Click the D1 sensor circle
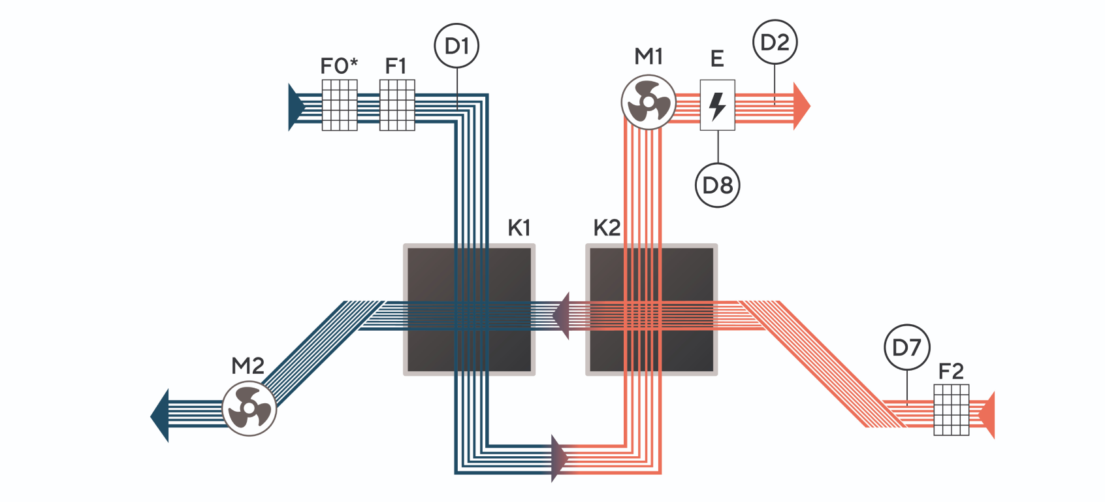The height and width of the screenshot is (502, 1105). point(456,46)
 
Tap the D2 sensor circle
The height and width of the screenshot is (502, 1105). point(775,42)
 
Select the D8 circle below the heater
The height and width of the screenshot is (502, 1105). point(717,185)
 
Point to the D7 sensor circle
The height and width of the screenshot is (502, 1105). point(906,347)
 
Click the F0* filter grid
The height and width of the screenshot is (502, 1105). point(340,105)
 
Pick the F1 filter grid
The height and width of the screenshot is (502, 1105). point(397,105)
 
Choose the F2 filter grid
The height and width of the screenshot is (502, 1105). point(951,410)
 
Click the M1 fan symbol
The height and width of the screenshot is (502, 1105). point(648,103)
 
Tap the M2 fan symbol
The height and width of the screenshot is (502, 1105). point(249,409)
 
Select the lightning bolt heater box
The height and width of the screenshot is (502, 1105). point(717,105)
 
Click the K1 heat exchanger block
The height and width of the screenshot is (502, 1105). point(469,310)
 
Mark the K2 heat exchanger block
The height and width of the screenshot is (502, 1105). point(652,310)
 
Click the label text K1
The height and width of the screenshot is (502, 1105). point(519,228)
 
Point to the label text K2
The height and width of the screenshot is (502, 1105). point(607,228)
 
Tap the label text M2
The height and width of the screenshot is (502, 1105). point(248,366)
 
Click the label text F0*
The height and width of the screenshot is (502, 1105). point(339,66)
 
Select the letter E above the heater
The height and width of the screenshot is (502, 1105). point(717,59)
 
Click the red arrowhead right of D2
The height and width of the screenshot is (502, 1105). point(801,105)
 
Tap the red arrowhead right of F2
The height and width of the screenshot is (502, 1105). point(987,415)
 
